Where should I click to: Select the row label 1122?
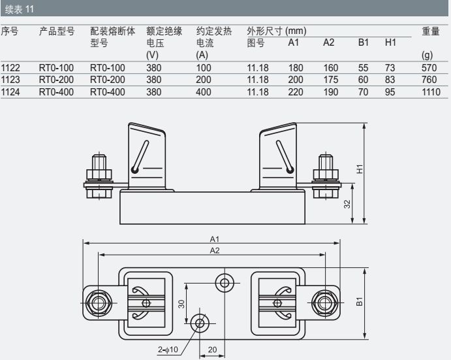(x=10, y=68)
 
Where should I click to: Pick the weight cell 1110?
(x=431, y=91)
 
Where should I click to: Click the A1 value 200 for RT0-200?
(x=296, y=80)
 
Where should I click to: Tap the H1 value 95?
(x=390, y=91)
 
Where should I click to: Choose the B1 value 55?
(x=363, y=68)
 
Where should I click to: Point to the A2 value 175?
(x=330, y=80)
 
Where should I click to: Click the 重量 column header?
(x=431, y=31)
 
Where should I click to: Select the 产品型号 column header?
(x=57, y=31)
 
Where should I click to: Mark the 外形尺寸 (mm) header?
(x=277, y=31)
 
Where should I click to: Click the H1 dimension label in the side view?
(x=360, y=169)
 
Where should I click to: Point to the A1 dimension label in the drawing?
(x=213, y=238)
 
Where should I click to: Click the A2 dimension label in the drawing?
(x=213, y=250)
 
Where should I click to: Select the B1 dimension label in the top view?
(x=360, y=301)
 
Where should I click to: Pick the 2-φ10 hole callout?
(x=168, y=350)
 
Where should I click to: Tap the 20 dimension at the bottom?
(x=212, y=350)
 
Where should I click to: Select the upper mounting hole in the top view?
(x=225, y=282)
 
